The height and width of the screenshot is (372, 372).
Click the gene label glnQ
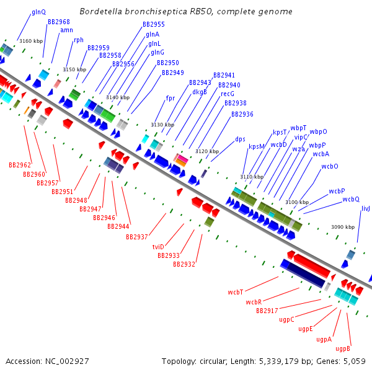point(38,12)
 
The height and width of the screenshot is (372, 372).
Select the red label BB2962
point(19,165)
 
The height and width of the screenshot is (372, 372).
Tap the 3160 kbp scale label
point(30,41)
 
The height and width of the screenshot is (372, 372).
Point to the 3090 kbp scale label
point(343,227)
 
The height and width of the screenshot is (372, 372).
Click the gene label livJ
point(366,208)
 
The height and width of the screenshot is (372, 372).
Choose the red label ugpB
point(343,348)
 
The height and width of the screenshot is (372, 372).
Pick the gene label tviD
point(158,247)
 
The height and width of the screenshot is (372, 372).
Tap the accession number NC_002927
point(66,361)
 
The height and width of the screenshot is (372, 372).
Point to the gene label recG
point(228,94)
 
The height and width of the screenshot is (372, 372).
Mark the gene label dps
point(241,139)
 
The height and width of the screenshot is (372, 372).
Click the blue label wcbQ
point(351,199)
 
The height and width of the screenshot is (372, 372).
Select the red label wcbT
point(235,291)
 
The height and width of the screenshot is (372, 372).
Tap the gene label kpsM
point(256,146)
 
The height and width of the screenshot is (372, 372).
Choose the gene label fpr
point(170,98)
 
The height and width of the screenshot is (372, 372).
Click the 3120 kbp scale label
point(207,151)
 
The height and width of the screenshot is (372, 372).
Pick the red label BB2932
point(184,264)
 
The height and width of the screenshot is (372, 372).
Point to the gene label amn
point(67,30)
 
